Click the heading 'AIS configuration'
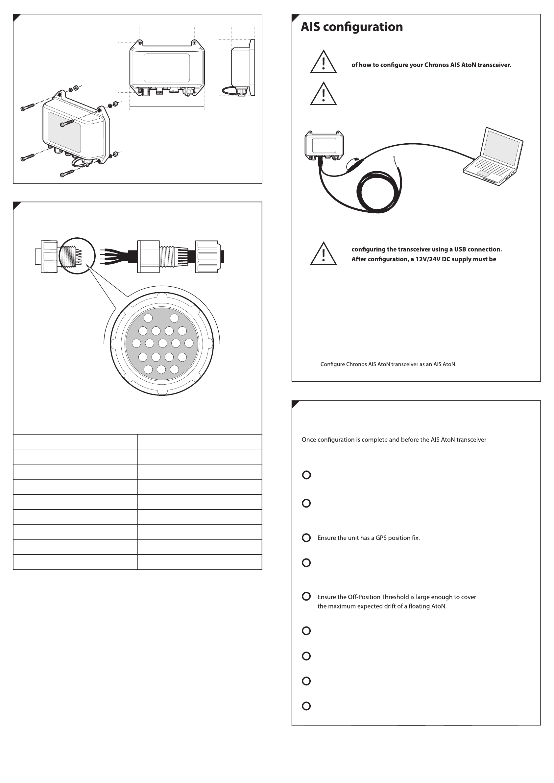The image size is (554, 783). pos(351,27)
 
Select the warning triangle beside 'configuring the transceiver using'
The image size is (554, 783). pos(323,254)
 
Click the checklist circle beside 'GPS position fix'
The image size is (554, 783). pos(306,538)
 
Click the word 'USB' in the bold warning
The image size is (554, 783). pos(460,249)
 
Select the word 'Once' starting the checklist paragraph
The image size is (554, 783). pos(309,440)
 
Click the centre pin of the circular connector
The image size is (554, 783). pos(162,343)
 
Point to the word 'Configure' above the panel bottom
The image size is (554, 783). pos(333,365)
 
